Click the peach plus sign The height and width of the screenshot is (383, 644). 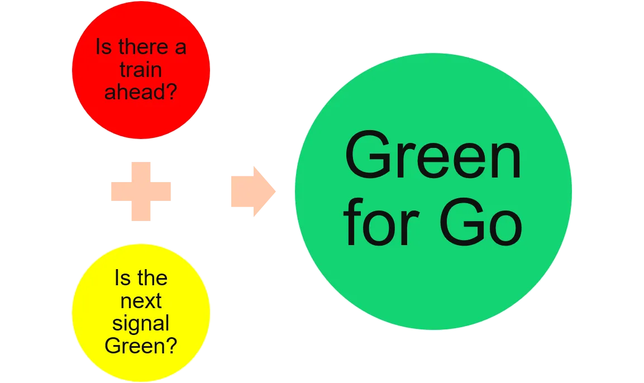[x=141, y=191]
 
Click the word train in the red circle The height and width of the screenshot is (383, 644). [x=141, y=70]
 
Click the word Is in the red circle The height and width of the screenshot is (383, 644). [x=103, y=47]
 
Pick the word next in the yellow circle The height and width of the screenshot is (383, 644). [x=141, y=301]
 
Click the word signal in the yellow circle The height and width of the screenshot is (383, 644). [x=141, y=324]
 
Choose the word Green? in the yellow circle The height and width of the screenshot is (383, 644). [x=141, y=346]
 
